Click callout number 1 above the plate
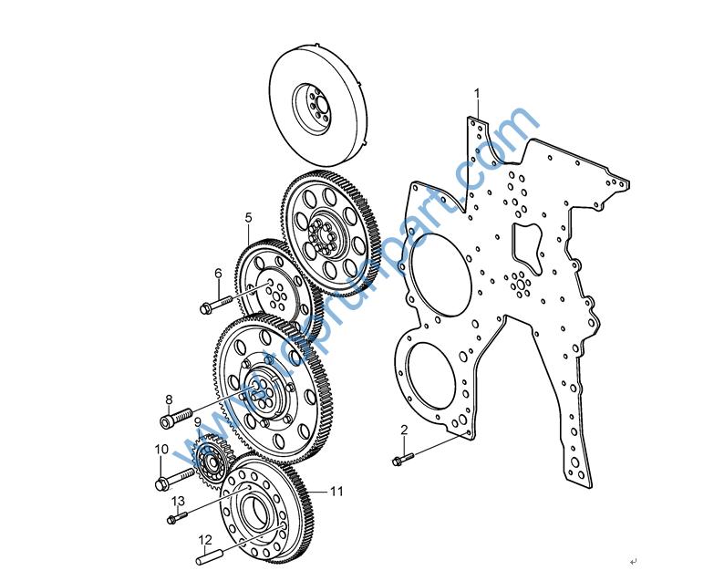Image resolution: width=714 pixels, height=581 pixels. pos(477,93)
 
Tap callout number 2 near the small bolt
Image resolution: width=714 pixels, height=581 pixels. pos(404,430)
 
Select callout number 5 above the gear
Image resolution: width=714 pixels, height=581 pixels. pos(248,217)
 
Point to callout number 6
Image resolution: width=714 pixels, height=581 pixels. pos(219,274)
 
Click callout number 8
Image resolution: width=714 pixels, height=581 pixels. pos(169,399)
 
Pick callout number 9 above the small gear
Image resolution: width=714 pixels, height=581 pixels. pos(198,422)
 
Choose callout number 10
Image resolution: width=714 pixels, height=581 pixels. pos(161,450)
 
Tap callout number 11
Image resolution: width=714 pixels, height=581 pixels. pos(336,491)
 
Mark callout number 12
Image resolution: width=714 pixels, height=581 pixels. pos(205,540)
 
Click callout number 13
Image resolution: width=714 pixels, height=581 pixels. pos(178,501)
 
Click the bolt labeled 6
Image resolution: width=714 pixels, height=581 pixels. pos(216,304)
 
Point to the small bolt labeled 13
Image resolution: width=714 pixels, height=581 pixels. pos(177,518)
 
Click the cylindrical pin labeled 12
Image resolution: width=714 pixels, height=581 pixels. pos(209,557)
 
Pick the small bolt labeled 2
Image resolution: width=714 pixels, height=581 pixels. pos(403,459)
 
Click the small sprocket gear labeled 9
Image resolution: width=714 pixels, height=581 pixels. pos(213,461)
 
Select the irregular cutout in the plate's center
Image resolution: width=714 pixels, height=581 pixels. pos(527,249)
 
